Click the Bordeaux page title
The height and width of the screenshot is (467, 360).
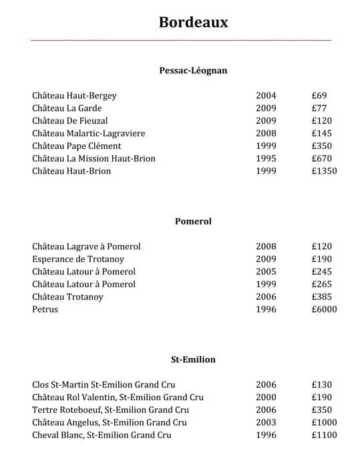pyautogui.click(x=193, y=22)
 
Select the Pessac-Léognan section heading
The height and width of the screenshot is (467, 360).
pyautogui.click(x=193, y=70)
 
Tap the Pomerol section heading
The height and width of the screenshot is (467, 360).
pyautogui.click(x=193, y=221)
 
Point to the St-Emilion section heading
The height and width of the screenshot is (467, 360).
pyautogui.click(x=193, y=359)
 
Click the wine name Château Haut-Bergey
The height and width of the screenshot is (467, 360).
pyautogui.click(x=74, y=96)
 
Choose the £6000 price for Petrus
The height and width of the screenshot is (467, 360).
pyautogui.click(x=324, y=309)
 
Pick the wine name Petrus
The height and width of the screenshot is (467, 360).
pyautogui.click(x=45, y=309)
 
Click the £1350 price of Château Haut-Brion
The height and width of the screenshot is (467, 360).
pyautogui.click(x=324, y=171)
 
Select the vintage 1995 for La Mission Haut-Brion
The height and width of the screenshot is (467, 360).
pyautogui.click(x=266, y=158)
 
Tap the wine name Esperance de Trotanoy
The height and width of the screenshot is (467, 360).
pyautogui.click(x=78, y=259)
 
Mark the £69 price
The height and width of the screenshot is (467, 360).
pyautogui.click(x=319, y=96)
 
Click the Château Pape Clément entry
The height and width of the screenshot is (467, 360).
pyautogui.click(x=77, y=146)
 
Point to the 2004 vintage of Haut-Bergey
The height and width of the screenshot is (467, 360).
pyautogui.click(x=266, y=96)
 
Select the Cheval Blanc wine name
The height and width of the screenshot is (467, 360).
pyautogui.click(x=102, y=435)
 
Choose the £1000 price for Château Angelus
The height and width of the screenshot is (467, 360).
pyautogui.click(x=324, y=422)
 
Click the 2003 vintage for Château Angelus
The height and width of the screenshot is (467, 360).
pyautogui.click(x=266, y=422)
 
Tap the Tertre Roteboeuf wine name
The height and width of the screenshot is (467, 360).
pyautogui.click(x=110, y=410)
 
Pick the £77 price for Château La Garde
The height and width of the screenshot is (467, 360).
pyautogui.click(x=319, y=108)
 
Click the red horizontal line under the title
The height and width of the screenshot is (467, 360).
pyautogui.click(x=180, y=41)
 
